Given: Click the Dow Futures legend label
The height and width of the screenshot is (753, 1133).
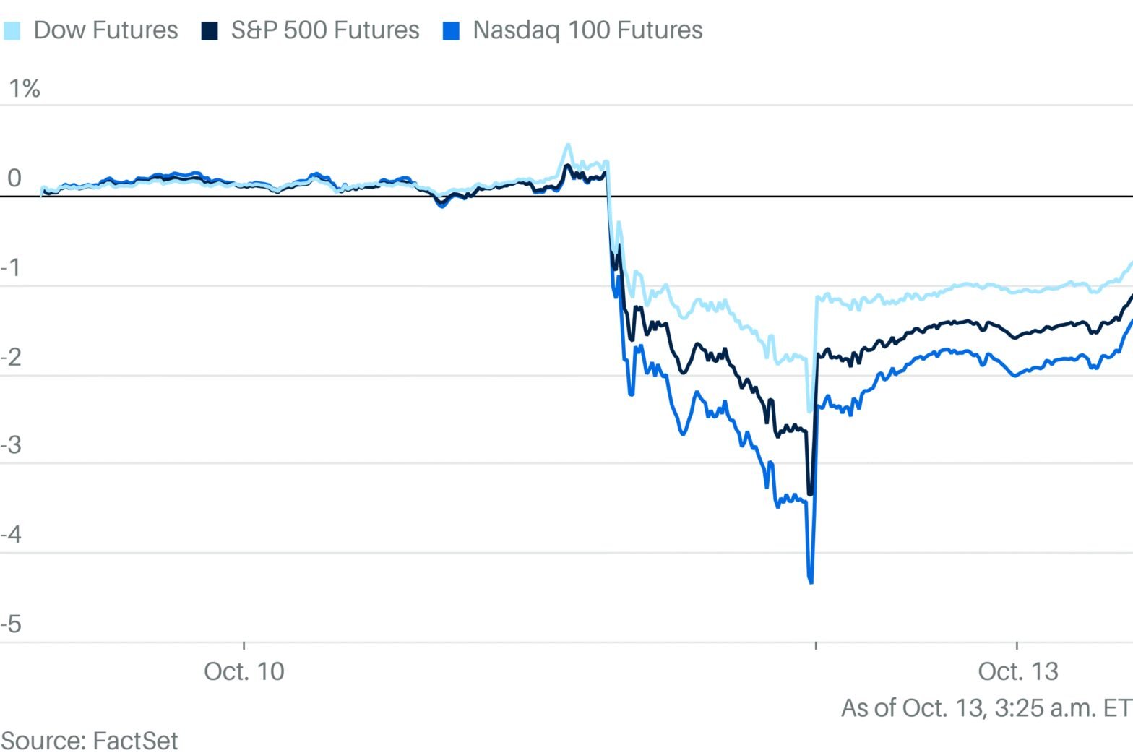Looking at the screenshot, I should point(105,30).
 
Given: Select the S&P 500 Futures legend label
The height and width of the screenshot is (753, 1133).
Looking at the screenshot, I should point(325,30).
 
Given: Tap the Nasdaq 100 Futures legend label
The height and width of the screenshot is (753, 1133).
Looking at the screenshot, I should point(587,30).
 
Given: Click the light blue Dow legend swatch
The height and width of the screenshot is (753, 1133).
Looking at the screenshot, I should point(12,31).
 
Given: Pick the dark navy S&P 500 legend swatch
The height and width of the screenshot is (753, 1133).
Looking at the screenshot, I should point(210,31).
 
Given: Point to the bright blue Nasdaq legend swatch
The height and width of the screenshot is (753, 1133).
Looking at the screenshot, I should point(451,31).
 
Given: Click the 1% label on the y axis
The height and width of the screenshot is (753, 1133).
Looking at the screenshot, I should point(24,89).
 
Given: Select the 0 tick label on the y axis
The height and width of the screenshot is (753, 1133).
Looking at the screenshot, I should point(14,178).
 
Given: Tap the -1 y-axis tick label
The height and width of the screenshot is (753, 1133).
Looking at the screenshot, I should point(12,268).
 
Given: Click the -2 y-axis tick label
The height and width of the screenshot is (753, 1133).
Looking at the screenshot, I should point(12,358).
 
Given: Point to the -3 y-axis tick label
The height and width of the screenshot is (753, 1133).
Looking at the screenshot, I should point(12,445).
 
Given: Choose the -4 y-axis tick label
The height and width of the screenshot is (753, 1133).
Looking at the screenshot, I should point(12,535).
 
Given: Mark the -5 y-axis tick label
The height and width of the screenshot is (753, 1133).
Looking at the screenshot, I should point(12,624).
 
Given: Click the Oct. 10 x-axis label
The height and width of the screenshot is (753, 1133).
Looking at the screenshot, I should point(244,671).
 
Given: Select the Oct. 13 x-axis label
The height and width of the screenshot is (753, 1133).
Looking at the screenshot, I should point(1017,671).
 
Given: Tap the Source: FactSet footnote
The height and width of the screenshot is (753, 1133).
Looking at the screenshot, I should point(90,741).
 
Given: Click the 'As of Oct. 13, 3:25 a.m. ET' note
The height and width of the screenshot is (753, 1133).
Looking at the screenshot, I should point(986,707).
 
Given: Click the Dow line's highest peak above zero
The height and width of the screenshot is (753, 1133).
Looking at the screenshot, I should point(568,145).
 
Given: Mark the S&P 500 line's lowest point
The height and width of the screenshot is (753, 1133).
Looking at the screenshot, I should point(809,494).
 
